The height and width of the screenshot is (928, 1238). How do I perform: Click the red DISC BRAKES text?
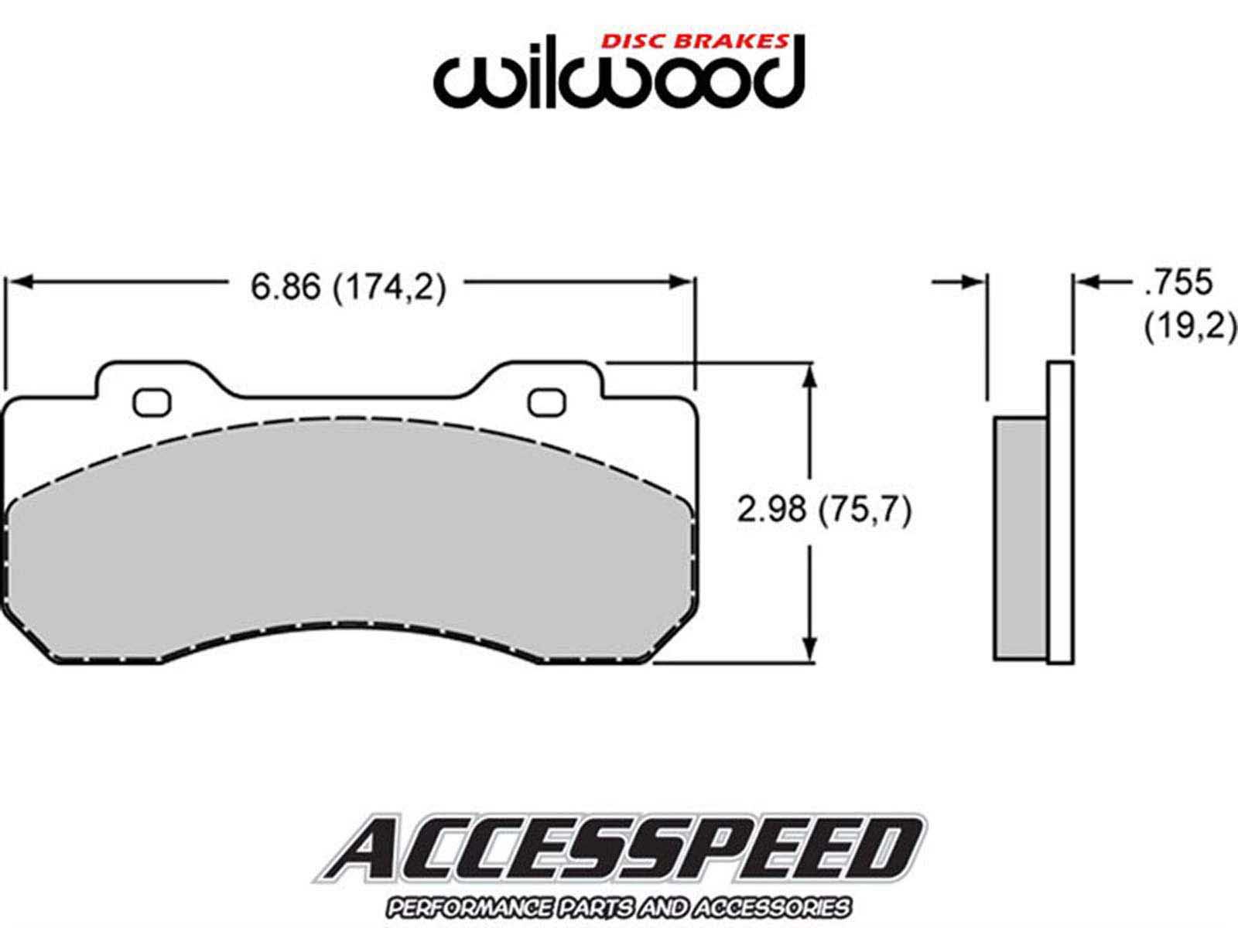pos(695,41)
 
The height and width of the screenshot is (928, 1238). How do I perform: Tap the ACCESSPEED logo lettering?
pos(619,854)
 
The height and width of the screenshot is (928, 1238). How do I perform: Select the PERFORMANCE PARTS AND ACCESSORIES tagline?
pos(619,908)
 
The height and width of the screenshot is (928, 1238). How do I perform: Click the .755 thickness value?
pos(1178,281)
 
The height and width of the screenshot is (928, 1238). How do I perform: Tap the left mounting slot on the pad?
pos(151,403)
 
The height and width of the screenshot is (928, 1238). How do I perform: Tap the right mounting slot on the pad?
pos(546,403)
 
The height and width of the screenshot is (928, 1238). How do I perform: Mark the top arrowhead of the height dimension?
pos(810,375)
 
